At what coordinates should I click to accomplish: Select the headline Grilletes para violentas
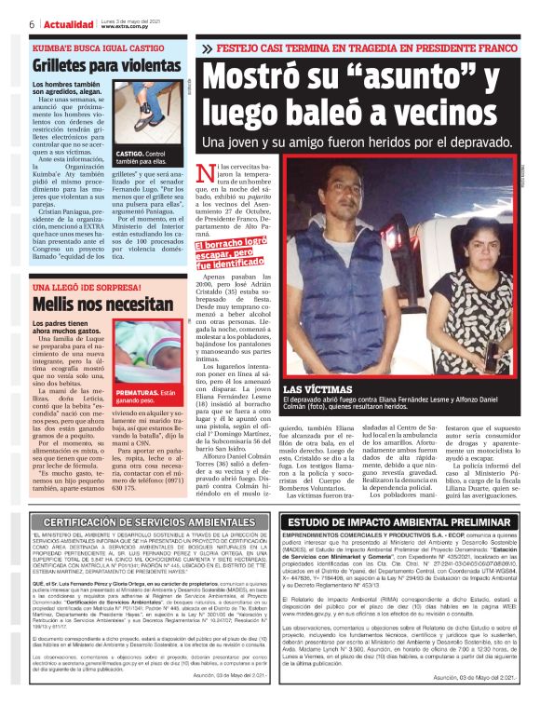point(106,66)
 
